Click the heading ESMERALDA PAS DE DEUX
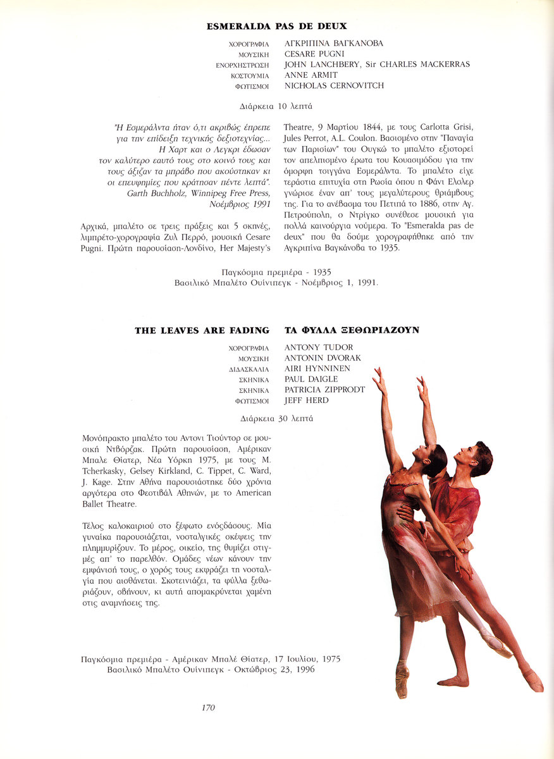click(276, 27)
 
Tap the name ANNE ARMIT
click(311, 75)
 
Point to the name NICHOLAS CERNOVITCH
click(334, 86)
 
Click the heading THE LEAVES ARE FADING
click(202, 331)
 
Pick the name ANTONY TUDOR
click(319, 347)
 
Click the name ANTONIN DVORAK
click(323, 358)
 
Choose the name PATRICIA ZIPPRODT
click(324, 390)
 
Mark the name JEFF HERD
click(307, 400)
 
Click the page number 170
click(208, 708)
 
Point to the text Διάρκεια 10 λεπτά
click(276, 106)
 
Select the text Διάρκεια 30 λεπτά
click(276, 418)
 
